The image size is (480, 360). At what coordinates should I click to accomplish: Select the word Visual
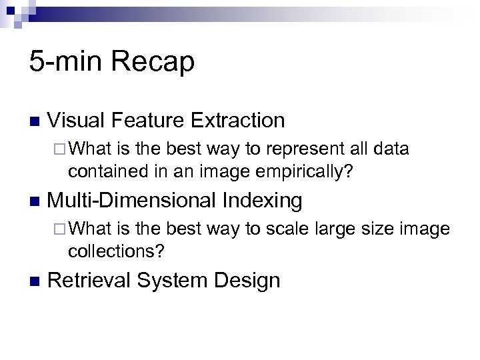click(76, 121)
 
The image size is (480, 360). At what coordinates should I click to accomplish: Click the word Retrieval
click(91, 281)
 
